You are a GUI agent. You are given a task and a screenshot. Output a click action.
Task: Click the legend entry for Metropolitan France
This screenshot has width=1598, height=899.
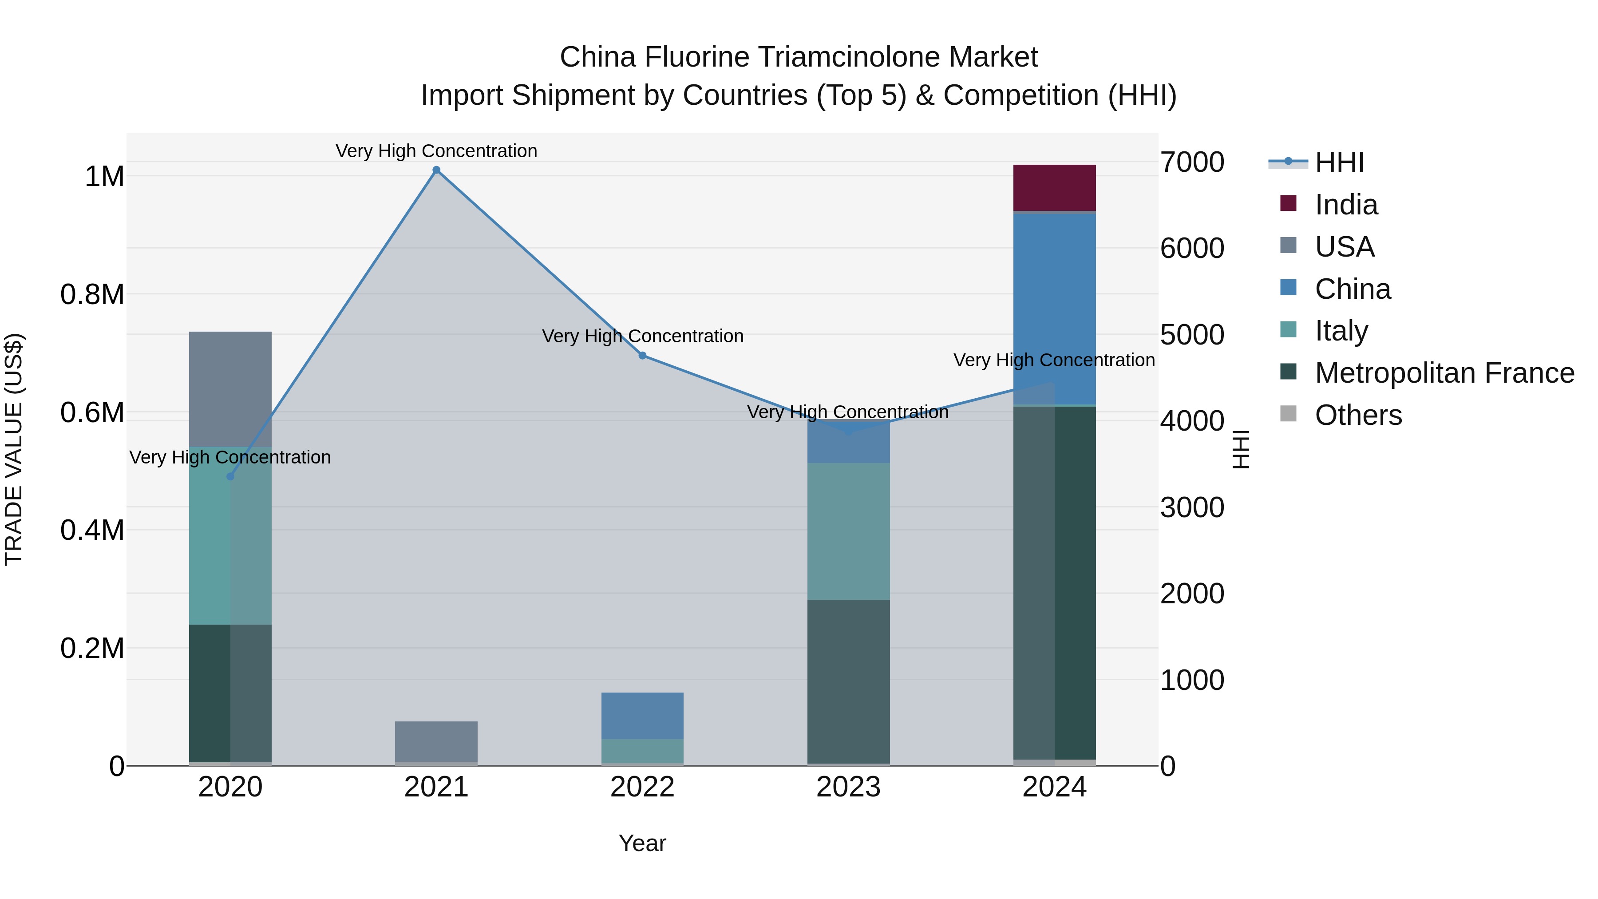click(1444, 373)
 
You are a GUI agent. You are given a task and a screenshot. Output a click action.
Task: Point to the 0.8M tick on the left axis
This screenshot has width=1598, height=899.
click(92, 295)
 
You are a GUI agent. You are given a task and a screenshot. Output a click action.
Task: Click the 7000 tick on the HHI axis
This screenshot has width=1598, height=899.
click(1192, 162)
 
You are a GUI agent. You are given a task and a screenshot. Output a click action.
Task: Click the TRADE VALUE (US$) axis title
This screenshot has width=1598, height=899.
click(14, 449)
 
